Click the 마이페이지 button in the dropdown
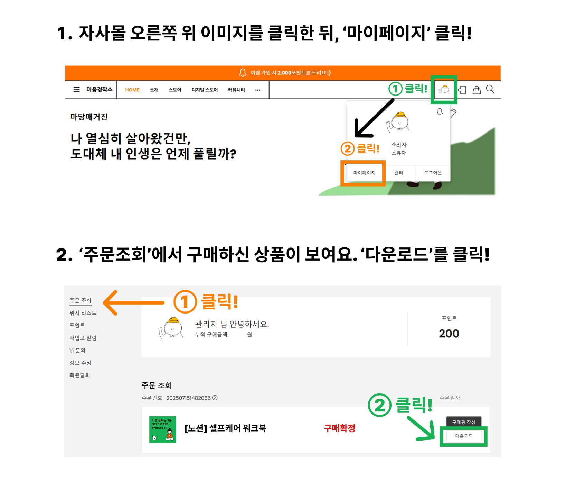pyautogui.click(x=364, y=173)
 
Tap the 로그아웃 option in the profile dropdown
pyautogui.click(x=433, y=173)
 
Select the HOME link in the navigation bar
pyautogui.click(x=132, y=90)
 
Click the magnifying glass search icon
pyautogui.click(x=490, y=89)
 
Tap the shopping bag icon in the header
pyautogui.click(x=477, y=90)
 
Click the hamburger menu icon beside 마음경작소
pyautogui.click(x=77, y=90)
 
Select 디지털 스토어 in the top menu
pyautogui.click(x=205, y=90)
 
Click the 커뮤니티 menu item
pyautogui.click(x=236, y=90)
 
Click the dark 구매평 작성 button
pyautogui.click(x=464, y=422)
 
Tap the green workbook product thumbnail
pyautogui.click(x=163, y=429)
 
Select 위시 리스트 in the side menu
pyautogui.click(x=83, y=313)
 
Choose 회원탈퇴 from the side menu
pyautogui.click(x=79, y=375)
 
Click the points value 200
pyautogui.click(x=449, y=334)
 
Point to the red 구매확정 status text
pyautogui.click(x=339, y=428)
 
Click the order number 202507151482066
pyautogui.click(x=188, y=398)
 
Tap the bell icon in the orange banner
pyautogui.click(x=243, y=72)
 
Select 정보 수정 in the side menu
pyautogui.click(x=80, y=363)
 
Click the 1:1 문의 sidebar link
pyautogui.click(x=77, y=350)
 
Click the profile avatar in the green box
pyautogui.click(x=444, y=90)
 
